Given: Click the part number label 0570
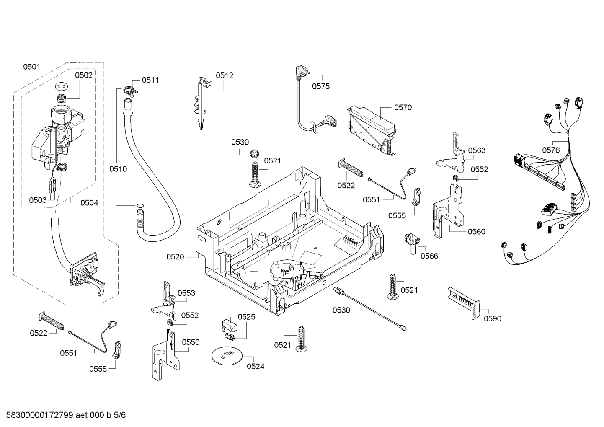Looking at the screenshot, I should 403,108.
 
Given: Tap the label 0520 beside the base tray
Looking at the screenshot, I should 175,257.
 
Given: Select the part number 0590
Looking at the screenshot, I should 492,319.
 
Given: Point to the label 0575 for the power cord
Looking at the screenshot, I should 321,87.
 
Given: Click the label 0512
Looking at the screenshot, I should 225,76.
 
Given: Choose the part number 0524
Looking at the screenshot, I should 256,367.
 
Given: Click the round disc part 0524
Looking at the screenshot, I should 227,356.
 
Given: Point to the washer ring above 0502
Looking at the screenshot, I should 62,87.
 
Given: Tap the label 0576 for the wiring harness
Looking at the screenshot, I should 551,150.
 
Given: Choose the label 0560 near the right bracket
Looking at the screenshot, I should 476,232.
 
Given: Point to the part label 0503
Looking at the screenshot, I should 38,200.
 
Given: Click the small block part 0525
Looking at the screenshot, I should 227,326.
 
